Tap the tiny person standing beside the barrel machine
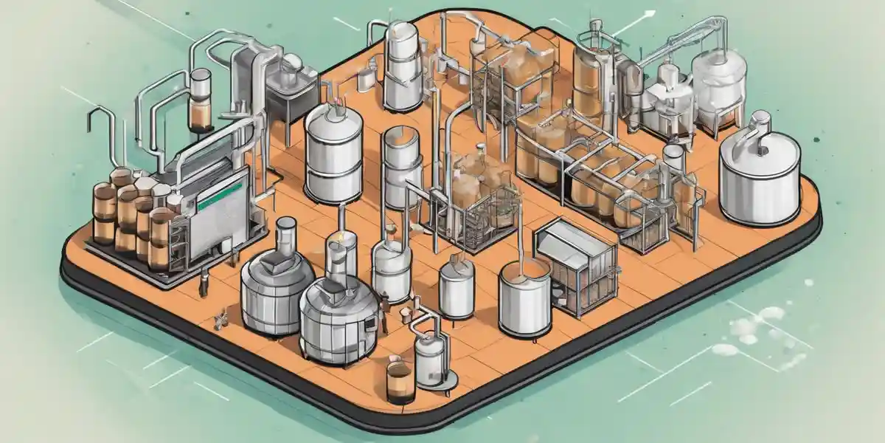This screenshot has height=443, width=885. [203, 284]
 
